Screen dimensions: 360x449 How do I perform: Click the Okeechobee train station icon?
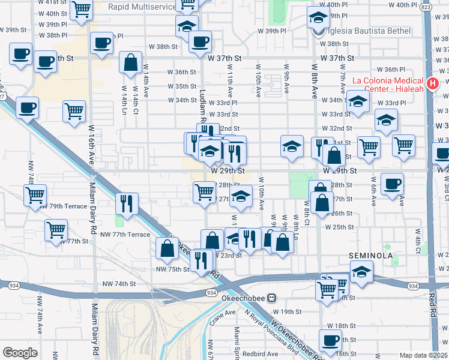coord(271,297)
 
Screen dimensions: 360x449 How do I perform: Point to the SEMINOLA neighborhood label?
coord(371,256)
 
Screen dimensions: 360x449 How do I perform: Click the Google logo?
coord(20,353)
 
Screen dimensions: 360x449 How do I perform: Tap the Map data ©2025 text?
coord(423,355)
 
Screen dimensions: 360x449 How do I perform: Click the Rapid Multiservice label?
coord(142,7)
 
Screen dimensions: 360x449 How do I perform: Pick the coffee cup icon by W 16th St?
coord(330,340)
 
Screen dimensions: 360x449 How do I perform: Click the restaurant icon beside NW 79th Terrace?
coord(127,203)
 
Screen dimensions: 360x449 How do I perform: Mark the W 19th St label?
coord(286,311)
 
